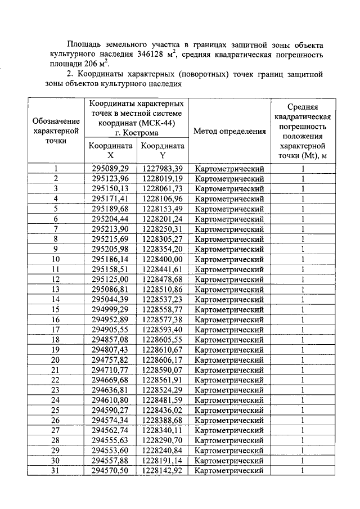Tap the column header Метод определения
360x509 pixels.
[229, 131]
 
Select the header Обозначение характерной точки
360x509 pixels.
[56, 131]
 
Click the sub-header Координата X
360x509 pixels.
[110, 150]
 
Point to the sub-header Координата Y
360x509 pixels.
[162, 150]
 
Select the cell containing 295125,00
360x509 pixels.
[110, 280]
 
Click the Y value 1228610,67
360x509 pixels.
[162, 350]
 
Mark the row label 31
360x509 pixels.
[56, 470]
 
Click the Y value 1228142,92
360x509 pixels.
[162, 470]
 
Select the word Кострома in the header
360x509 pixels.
[142, 133]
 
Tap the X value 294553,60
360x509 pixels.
[110, 450]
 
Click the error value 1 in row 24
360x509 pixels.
[302, 400]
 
